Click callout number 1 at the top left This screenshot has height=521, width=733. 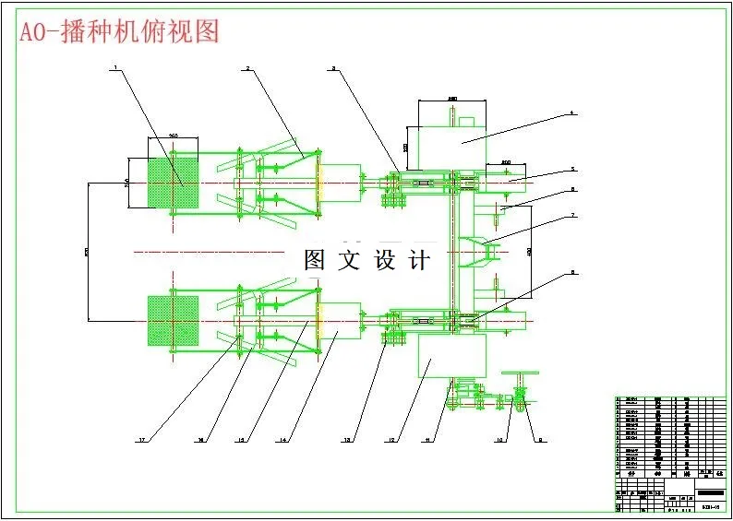pyautogui.click(x=115, y=67)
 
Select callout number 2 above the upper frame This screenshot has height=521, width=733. pyautogui.click(x=248, y=67)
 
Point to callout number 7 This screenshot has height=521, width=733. pyautogui.click(x=572, y=216)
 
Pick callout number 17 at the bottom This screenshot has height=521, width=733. pyautogui.click(x=142, y=441)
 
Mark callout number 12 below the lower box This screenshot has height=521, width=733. pyautogui.click(x=392, y=441)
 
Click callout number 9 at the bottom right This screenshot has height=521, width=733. pyautogui.click(x=541, y=441)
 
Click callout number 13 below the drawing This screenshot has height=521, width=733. pyautogui.click(x=347, y=441)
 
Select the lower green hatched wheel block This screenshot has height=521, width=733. pyautogui.click(x=174, y=320)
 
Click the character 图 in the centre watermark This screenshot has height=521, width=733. pyautogui.click(x=315, y=260)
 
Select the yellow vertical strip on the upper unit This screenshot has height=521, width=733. pyautogui.click(x=318, y=184)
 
